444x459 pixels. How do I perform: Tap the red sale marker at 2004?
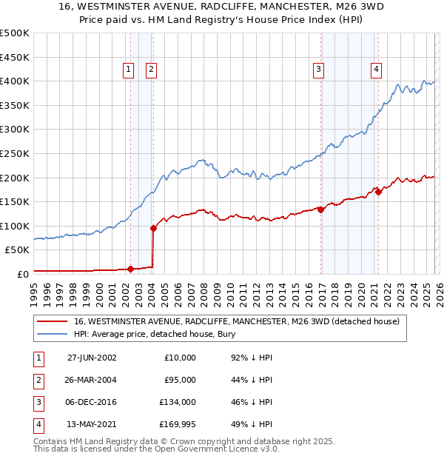click(x=153, y=228)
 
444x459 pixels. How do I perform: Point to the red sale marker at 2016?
click(x=321, y=210)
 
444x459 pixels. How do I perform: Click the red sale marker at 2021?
click(x=378, y=192)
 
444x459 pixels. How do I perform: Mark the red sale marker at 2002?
click(x=131, y=269)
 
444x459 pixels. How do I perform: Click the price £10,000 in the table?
click(x=180, y=358)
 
